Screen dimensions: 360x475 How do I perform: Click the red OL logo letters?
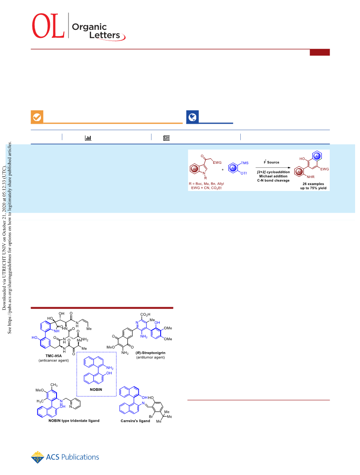tap(49, 26)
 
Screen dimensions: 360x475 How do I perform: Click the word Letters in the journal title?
tap(105, 35)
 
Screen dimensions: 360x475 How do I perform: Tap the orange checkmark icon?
tap(37, 117)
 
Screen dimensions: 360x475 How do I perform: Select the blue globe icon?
tap(193, 117)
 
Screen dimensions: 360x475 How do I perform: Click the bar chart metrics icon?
tap(88, 138)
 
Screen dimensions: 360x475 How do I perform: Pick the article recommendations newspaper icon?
tap(166, 138)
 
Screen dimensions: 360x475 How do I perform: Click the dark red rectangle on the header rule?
tap(320, 53)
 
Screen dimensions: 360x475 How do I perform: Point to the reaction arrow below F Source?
tap(273, 167)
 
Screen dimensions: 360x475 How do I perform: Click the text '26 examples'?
tap(313, 184)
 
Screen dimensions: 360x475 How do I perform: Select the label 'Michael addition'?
tap(273, 176)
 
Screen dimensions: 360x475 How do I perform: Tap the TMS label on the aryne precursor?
tap(245, 163)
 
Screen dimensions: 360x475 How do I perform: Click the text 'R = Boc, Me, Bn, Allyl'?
tap(206, 183)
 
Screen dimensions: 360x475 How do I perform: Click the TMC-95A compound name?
tap(53, 356)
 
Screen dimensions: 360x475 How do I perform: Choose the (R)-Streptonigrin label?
tap(150, 353)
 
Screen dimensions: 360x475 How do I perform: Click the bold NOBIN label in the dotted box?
tap(96, 390)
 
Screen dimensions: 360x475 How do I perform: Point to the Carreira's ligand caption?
tap(135, 421)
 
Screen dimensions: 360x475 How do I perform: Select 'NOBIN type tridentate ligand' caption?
tap(74, 421)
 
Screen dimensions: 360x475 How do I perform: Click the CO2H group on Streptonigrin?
tap(146, 315)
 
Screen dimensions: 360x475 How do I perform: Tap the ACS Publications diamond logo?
tap(37, 457)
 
